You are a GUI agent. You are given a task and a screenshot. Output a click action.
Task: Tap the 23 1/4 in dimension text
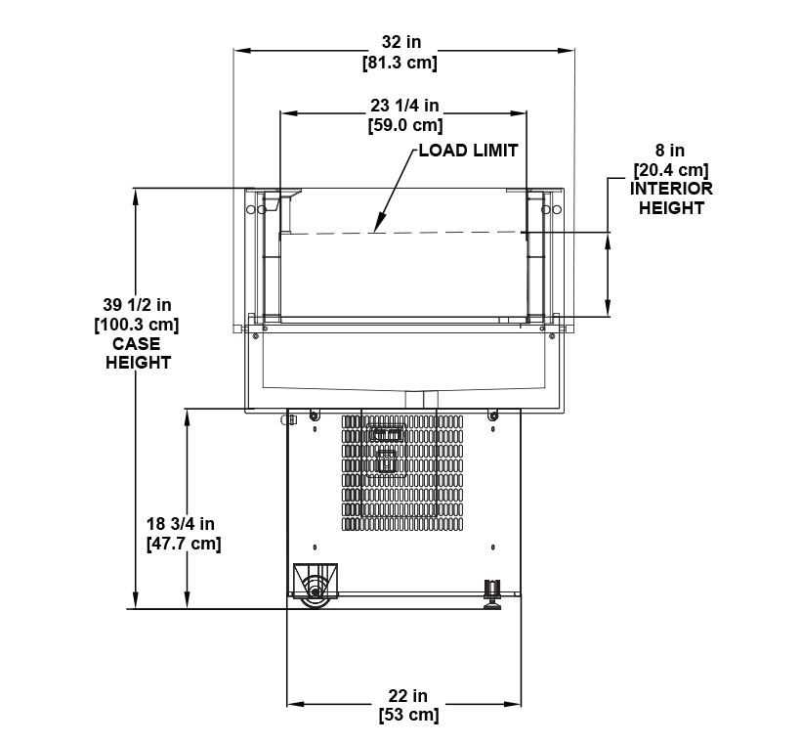coord(404,106)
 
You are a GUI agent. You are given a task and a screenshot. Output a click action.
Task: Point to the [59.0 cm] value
coord(404,125)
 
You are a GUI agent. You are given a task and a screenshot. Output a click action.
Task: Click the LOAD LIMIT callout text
coord(467,151)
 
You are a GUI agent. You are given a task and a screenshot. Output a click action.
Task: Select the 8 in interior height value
coord(670,151)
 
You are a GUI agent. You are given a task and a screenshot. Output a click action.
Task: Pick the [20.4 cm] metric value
coord(670,170)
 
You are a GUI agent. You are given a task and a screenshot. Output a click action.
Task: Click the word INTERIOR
coord(671,189)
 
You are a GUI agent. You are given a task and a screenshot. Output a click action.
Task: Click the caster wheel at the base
coord(316,591)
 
